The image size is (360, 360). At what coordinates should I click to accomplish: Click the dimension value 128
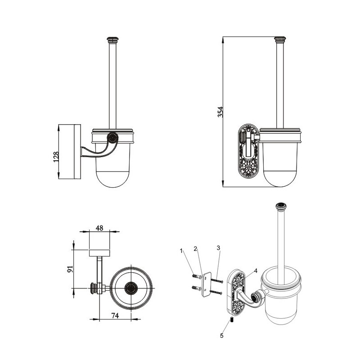(56, 157)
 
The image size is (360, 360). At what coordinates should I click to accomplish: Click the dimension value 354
(220, 112)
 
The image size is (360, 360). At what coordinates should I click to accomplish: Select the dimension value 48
(99, 228)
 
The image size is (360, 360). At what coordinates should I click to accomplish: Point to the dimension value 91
(70, 269)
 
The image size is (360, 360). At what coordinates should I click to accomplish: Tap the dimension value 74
(115, 316)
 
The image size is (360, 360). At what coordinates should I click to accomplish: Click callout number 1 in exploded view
(181, 251)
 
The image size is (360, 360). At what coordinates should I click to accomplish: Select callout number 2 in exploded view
(195, 249)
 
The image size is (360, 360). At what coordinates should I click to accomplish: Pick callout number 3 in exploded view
(218, 248)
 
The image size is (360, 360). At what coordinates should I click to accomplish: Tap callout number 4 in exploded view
(256, 271)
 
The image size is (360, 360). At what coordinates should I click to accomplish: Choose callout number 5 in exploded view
(221, 336)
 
